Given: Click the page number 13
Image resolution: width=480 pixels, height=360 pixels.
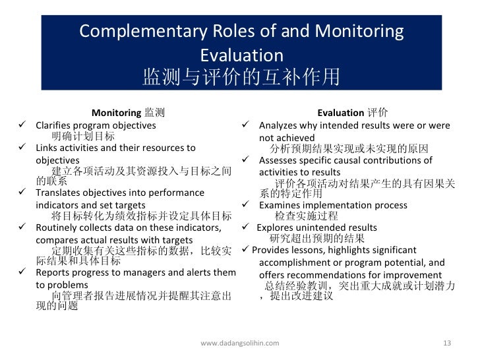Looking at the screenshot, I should click(447, 344).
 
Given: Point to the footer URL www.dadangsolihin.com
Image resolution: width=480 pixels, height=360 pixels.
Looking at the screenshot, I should click(239, 344).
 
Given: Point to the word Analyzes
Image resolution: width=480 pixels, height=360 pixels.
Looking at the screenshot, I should click(278, 125).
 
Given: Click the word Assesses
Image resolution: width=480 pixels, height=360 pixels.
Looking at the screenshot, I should click(278, 160).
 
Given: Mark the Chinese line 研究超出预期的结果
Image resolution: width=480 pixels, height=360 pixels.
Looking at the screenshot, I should click(316, 239).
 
